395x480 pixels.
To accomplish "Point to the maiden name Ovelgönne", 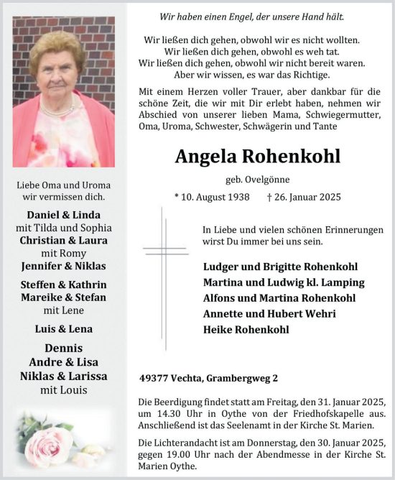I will pyautogui.click(x=269, y=178).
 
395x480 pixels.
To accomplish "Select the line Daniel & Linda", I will pyautogui.click(x=63, y=215).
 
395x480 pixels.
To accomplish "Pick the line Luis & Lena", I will pyautogui.click(x=63, y=329).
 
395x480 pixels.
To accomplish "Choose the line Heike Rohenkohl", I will pyautogui.click(x=246, y=330).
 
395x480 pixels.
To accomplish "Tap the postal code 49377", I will pyautogui.click(x=154, y=378).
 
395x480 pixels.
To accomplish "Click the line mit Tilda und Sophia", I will pyautogui.click(x=63, y=228).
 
